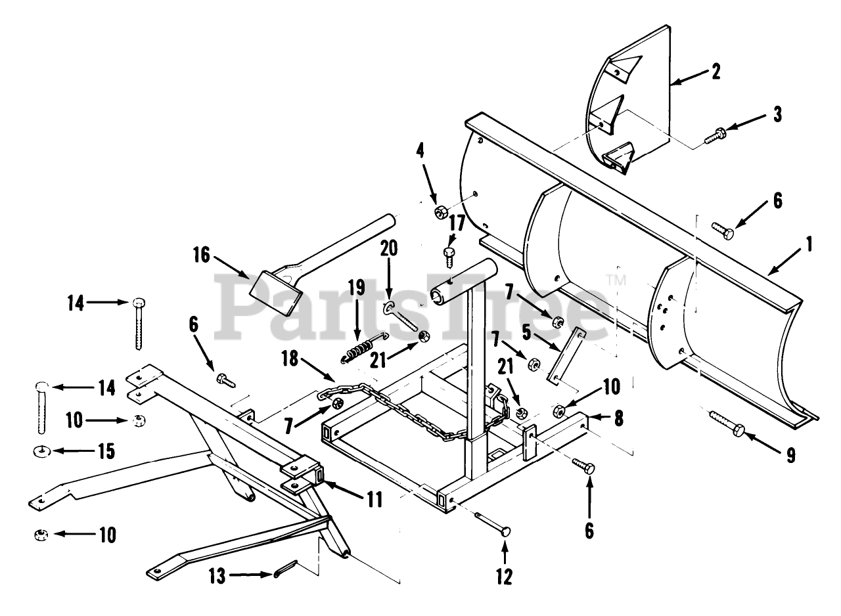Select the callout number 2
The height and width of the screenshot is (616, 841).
715,71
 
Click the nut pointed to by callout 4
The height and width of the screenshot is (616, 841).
441,211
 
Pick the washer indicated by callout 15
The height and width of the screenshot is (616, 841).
44,452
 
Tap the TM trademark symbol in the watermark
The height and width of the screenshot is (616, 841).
616,280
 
